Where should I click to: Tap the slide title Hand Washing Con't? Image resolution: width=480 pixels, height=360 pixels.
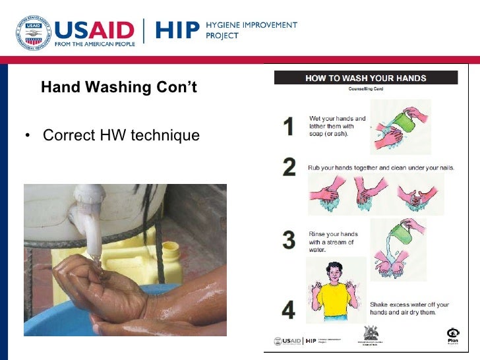119,87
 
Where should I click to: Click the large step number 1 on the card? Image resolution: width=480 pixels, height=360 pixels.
288,126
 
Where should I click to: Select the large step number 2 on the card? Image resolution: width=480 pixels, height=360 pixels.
289,167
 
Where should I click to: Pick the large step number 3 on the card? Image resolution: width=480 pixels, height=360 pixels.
289,240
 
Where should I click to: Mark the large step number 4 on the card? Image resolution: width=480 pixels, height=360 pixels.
289,310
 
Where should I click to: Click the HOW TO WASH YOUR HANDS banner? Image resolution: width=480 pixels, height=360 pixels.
365,78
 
